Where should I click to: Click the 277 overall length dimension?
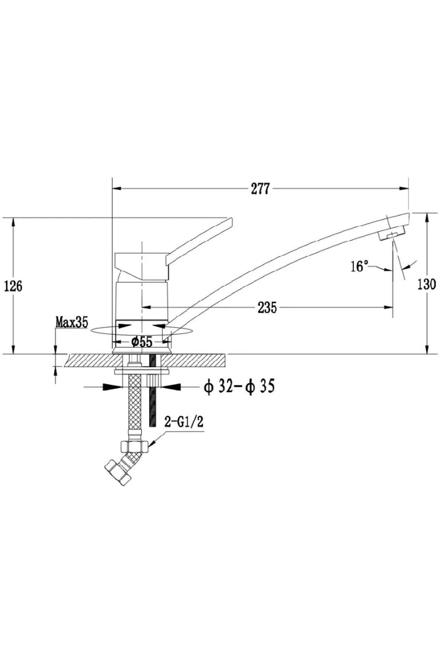[260, 189]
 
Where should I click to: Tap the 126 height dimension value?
[13, 286]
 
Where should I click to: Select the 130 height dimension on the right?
[426, 285]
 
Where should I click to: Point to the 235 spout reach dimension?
[267, 307]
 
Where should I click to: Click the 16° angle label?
[359, 266]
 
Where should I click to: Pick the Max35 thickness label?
[72, 322]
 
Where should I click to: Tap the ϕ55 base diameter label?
[142, 341]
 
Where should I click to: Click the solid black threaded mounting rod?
[153, 391]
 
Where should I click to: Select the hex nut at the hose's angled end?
[118, 471]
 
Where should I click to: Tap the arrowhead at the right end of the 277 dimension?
[404, 188]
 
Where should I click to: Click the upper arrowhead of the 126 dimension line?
[14, 224]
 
